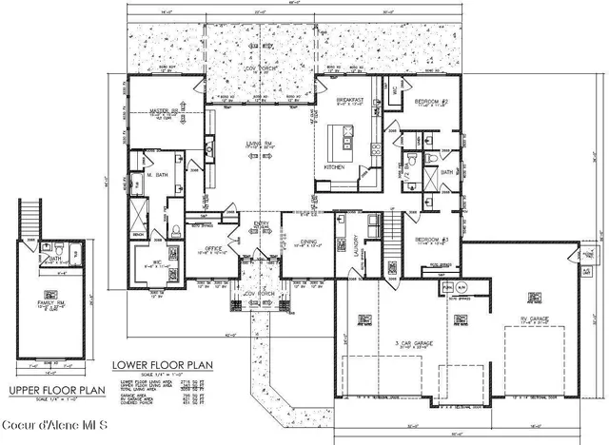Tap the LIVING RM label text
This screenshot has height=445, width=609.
253,144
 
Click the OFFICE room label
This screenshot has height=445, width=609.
216,249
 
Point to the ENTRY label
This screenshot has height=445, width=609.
260,226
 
